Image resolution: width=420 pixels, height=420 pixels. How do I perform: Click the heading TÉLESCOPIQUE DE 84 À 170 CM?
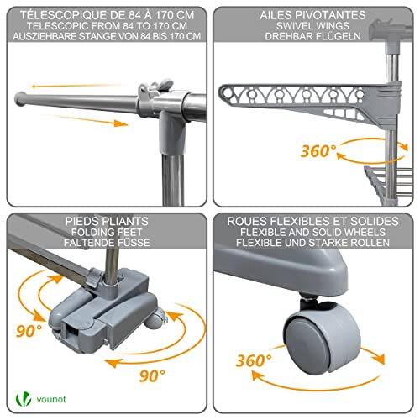pos(107,15)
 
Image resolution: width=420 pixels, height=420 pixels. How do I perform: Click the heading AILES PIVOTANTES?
pos(312,15)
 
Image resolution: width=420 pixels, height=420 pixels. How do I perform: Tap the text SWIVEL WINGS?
pos(312,26)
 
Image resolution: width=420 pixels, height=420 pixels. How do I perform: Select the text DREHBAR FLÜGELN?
pos(312,36)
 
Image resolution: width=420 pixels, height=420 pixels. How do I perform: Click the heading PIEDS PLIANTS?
pos(107,222)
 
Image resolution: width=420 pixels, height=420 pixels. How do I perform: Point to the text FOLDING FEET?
pos(107,232)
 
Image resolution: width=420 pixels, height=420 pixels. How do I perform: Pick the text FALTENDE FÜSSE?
pos(107,243)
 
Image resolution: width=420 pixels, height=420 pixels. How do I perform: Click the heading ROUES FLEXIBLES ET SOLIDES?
pos(312,222)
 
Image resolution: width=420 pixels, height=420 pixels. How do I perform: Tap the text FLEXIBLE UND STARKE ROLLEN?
pos(312,243)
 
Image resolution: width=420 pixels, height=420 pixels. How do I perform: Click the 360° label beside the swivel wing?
pos(318,151)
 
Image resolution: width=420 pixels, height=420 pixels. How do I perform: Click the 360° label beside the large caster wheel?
pos(254,360)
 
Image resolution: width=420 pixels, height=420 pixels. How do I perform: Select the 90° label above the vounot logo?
pos(29,331)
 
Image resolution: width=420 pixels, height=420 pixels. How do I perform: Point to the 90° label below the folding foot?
pos(152,375)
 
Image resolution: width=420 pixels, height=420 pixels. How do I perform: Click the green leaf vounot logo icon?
pos(24,399)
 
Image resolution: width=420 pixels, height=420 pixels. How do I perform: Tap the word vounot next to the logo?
pos(51,399)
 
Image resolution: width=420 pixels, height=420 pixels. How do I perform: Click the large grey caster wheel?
pos(322,340)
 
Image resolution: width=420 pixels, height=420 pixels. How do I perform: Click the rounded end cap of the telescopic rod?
pos(20,99)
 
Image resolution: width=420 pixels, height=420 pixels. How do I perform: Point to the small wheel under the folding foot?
pos(155,321)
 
